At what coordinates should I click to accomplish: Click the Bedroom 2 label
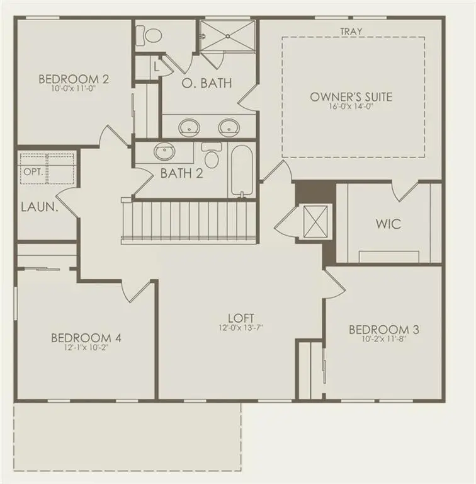click(74, 79)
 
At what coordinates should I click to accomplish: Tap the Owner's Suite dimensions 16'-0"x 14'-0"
click(351, 108)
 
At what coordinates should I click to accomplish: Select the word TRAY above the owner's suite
click(351, 31)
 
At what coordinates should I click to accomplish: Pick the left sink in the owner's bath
click(188, 127)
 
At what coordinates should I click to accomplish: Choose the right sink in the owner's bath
click(229, 127)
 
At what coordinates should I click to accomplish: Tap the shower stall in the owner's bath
click(228, 36)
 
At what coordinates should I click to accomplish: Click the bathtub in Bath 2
click(241, 170)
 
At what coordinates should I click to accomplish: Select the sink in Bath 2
click(165, 152)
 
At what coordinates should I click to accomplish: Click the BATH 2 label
click(181, 173)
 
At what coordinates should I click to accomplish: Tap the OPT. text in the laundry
click(31, 171)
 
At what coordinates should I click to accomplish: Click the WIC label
click(388, 224)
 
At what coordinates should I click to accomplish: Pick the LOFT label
click(241, 318)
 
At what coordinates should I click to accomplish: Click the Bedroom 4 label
click(86, 338)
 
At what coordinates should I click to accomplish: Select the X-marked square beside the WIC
click(314, 222)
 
